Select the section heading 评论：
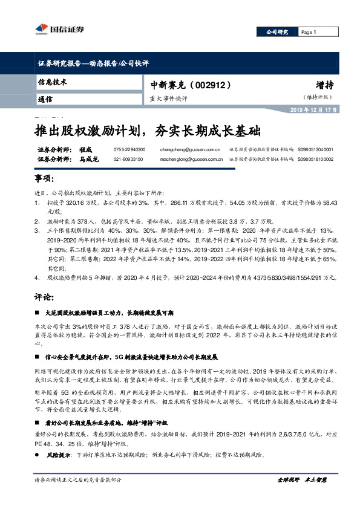(x=44, y=297)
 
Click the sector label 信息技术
(x=53, y=82)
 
